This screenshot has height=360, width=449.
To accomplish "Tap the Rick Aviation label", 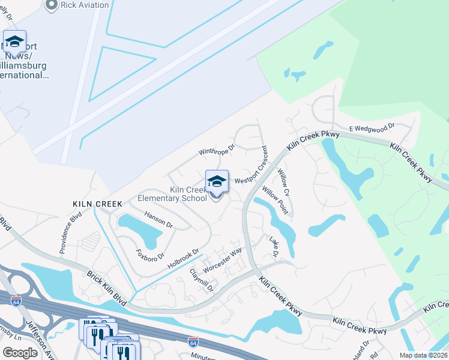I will pyautogui.click(x=85, y=5).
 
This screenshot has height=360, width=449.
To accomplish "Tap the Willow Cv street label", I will pyautogui.click(x=283, y=183).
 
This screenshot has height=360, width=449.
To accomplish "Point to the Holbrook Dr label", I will pyautogui.click(x=183, y=259).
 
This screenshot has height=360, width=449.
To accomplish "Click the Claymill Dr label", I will pyautogui.click(x=202, y=280).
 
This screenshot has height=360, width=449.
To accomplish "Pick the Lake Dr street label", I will pyautogui.click(x=274, y=248).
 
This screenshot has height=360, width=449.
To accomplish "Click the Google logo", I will pyautogui.click(x=20, y=353).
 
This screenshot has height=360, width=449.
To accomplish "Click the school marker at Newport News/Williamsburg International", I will pyautogui.click(x=14, y=43).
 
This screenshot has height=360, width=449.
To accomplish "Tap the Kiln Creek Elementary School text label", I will pyautogui.click(x=172, y=194).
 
